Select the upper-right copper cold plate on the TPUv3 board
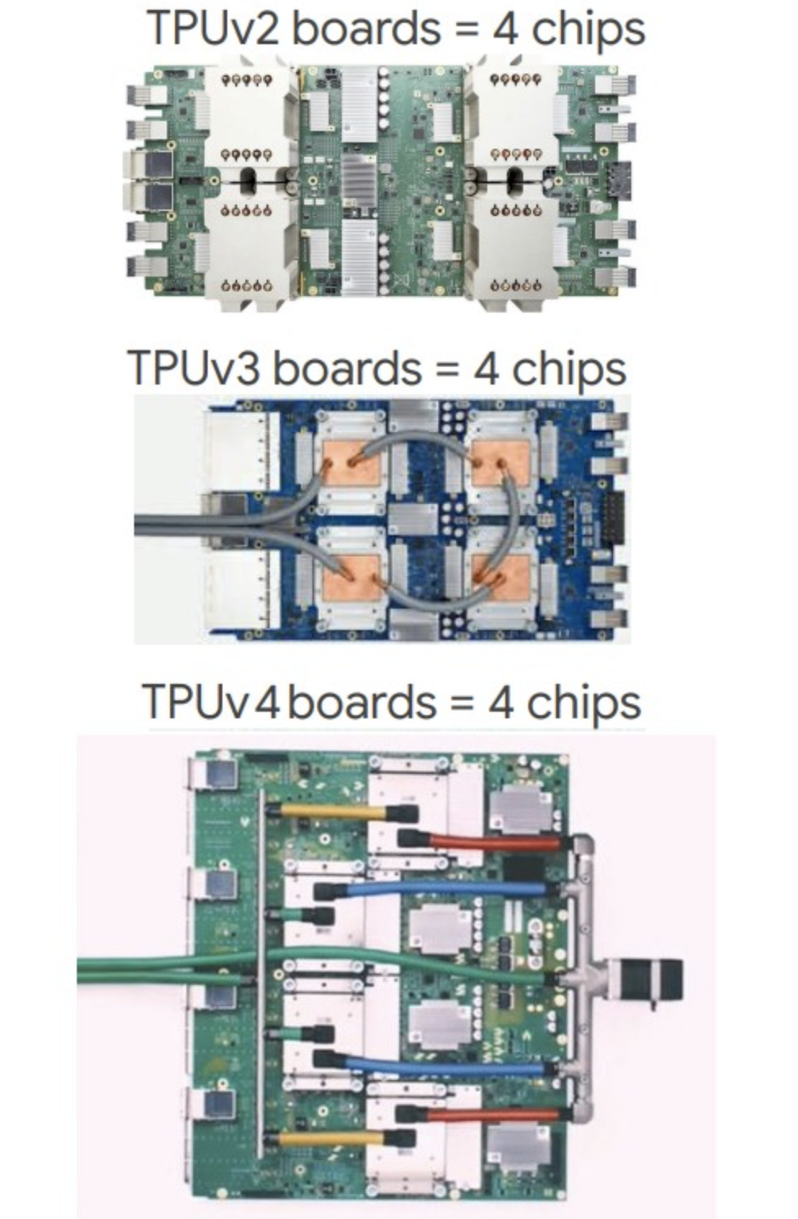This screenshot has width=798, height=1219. tap(500, 461)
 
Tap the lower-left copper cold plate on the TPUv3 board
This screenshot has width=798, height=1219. tap(352, 577)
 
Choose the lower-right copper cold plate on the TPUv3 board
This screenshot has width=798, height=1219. tap(500, 577)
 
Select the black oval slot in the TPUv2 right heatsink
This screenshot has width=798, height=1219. tap(514, 182)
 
